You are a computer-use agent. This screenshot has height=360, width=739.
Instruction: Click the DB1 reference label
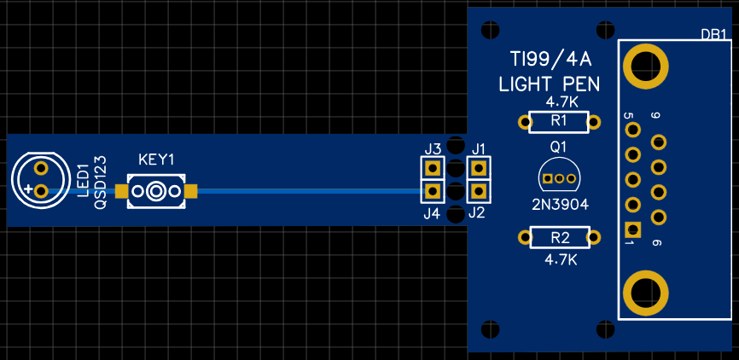point(713,35)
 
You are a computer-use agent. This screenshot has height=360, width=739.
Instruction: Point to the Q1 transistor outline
point(559,177)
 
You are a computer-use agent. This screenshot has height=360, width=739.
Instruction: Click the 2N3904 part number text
point(559,204)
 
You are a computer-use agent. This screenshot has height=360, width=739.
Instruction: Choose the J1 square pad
point(479,168)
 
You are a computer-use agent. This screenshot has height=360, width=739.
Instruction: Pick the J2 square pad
point(479,190)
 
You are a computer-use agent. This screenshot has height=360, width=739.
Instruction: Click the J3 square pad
point(433,168)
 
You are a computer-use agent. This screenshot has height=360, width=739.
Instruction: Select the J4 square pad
point(433,190)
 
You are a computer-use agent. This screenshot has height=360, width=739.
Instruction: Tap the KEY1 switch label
point(156,160)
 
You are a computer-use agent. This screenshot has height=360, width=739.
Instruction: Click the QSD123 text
point(101,181)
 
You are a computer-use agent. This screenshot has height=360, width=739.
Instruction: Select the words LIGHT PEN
point(550,84)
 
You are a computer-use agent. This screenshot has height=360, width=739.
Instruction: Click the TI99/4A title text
point(550,59)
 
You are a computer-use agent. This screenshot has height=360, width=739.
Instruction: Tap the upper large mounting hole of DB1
point(644,66)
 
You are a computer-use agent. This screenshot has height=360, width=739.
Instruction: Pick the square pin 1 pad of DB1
point(632,229)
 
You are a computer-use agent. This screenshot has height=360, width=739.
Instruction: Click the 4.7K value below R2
point(562,258)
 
